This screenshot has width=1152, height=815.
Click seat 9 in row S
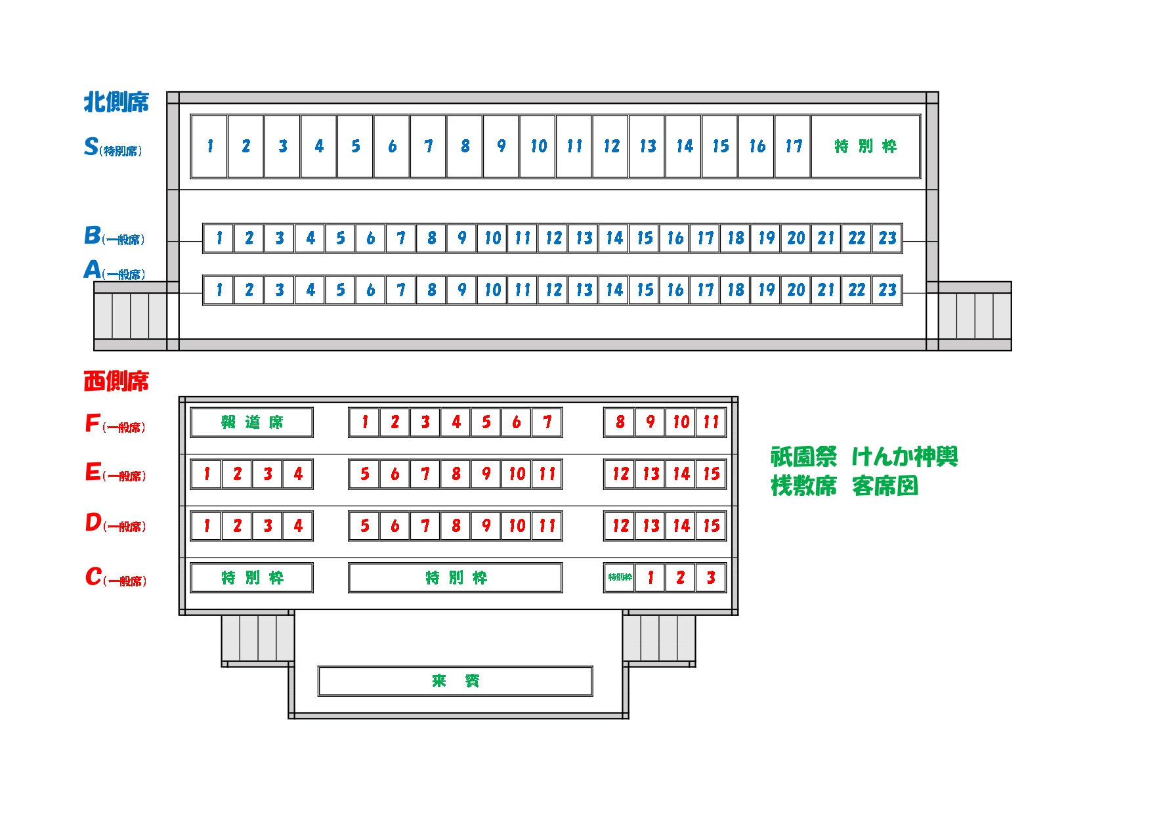click(501, 146)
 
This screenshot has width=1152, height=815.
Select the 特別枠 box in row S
click(865, 146)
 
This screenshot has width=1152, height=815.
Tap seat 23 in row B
click(887, 238)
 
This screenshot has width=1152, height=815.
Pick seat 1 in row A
click(219, 290)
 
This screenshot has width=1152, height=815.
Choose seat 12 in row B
click(553, 238)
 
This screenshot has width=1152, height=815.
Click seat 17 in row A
click(705, 290)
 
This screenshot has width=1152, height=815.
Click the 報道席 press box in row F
click(251, 422)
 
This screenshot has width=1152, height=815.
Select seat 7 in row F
click(547, 422)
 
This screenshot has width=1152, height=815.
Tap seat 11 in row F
click(711, 422)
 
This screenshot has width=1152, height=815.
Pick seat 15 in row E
click(711, 474)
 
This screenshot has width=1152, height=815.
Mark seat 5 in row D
click(364, 526)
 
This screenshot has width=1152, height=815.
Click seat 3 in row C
click(711, 578)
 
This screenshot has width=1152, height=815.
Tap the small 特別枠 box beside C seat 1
click(620, 578)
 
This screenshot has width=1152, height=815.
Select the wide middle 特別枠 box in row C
click(456, 578)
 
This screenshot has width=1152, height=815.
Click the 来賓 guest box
click(456, 681)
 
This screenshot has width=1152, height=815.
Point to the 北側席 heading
click(116, 102)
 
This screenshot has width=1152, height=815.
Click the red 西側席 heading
click(116, 382)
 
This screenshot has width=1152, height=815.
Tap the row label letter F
click(93, 424)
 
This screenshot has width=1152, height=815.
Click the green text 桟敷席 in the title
click(803, 487)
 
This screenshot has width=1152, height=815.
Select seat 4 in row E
click(297, 474)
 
